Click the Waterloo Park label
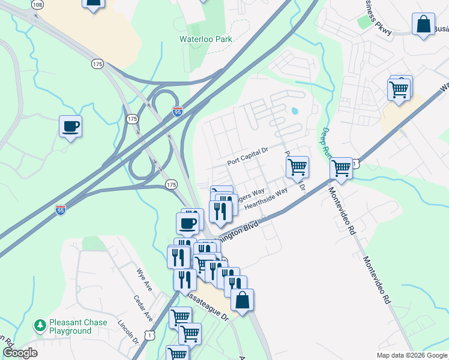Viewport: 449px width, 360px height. [205, 39]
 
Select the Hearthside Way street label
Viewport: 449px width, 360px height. [266, 196]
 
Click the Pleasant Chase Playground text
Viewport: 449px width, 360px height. [78, 326]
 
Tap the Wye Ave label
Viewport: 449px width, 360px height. [145, 280]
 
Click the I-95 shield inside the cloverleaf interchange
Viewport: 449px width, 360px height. [177, 112]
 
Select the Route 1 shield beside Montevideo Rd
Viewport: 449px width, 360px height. [355, 163]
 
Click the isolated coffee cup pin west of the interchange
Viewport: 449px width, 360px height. [71, 127]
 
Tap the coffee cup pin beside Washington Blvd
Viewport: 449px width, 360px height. [187, 223]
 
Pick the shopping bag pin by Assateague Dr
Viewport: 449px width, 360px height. [241, 301]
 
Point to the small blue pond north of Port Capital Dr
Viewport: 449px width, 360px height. [294, 111]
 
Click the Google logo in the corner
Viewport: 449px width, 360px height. [20, 353]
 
